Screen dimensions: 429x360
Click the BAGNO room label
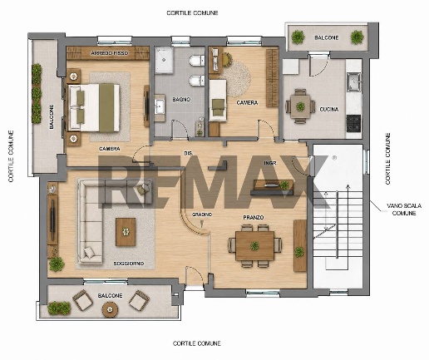tap(181, 99)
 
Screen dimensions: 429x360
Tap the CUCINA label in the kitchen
tap(329, 110)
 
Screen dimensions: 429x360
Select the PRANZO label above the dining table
tap(254, 218)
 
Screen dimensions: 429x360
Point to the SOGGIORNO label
tap(129, 264)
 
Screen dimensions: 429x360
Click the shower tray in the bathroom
tap(165, 60)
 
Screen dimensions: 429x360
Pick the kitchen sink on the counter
tap(354, 82)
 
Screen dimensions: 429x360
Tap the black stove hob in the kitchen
tap(353, 123)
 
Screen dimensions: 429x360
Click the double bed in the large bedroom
tap(94, 107)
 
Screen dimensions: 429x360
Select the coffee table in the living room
tap(126, 232)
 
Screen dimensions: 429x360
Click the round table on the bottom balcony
tap(111, 309)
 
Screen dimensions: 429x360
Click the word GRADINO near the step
tap(202, 215)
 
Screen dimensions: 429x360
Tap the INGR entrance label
tap(270, 163)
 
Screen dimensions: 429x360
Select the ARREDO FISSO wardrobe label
tap(110, 53)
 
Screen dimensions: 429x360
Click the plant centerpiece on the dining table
tap(254, 245)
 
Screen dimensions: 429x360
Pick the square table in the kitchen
tap(300, 106)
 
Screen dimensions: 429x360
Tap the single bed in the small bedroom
tap(218, 101)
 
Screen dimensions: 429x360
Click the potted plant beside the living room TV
tap(57, 264)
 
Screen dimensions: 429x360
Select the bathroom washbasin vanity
tap(160, 108)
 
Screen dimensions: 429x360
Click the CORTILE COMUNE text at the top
tap(192, 13)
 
